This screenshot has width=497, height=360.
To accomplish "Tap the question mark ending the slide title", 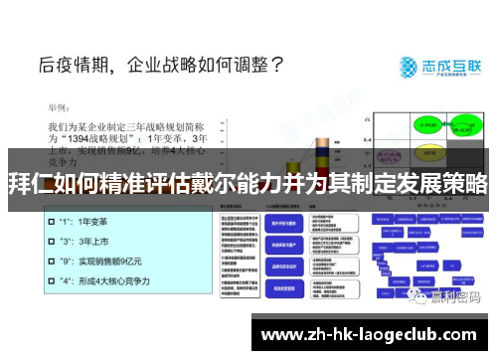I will (x=277, y=67).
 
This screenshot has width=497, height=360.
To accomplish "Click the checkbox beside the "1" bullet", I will (x=51, y=222).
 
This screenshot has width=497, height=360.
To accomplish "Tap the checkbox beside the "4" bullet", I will (x=51, y=281).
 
